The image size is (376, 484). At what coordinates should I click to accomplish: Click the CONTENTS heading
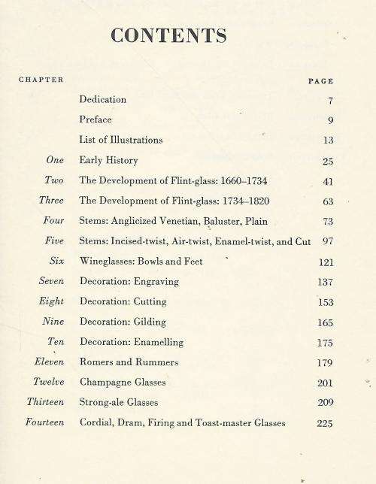[x=168, y=35]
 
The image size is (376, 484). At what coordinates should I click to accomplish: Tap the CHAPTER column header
[x=41, y=80]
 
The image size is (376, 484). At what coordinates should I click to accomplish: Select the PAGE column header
[x=320, y=80]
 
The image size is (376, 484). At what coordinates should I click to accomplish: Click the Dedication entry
[x=103, y=99]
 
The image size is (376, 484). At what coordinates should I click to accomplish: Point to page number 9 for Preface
[x=330, y=119]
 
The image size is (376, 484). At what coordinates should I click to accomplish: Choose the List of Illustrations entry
[x=120, y=140]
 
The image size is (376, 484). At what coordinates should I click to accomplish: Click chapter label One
[x=54, y=160]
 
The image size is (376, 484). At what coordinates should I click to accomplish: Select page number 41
[x=326, y=181]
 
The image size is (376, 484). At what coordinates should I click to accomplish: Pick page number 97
[x=326, y=241]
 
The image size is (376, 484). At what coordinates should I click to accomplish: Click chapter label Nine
[x=52, y=322]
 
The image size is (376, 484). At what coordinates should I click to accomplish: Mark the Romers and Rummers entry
[x=129, y=362]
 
